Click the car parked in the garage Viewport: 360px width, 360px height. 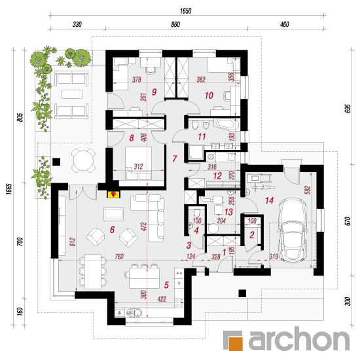(x=292, y=230)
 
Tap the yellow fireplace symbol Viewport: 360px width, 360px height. (x=113, y=194)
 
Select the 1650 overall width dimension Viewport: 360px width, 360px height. (x=185, y=10)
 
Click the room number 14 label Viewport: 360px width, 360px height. (x=269, y=200)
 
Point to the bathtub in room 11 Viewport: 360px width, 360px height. (x=226, y=125)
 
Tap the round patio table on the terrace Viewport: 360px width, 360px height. (x=84, y=160)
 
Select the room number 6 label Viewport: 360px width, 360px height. (x=112, y=229)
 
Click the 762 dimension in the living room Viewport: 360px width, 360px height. (x=119, y=257)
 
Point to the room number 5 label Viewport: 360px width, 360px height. (x=166, y=285)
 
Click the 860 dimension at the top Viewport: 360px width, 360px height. (x=175, y=24)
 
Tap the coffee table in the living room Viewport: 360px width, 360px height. (x=114, y=214)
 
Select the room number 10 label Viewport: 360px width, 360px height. (x=209, y=96)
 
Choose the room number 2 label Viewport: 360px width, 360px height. (x=252, y=234)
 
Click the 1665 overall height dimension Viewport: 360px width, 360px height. (x=9, y=189)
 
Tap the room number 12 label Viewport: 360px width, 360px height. (x=217, y=176)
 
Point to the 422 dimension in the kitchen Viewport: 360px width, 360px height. (x=162, y=299)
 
